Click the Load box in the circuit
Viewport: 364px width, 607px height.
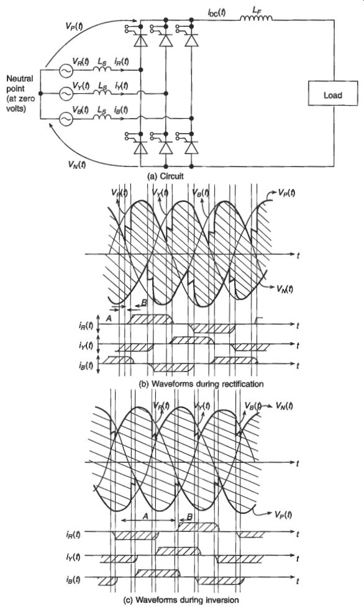(333, 93)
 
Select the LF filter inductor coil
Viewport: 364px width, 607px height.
(257, 17)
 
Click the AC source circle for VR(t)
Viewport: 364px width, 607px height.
(65, 70)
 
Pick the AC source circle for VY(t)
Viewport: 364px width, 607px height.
(65, 93)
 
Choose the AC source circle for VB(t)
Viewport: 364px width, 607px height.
(65, 119)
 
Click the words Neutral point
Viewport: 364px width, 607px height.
(19, 84)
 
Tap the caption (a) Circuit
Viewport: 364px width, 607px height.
(165, 176)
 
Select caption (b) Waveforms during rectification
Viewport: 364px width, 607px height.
(201, 384)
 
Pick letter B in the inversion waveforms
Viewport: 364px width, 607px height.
(189, 517)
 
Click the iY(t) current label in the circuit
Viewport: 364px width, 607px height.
(121, 85)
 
